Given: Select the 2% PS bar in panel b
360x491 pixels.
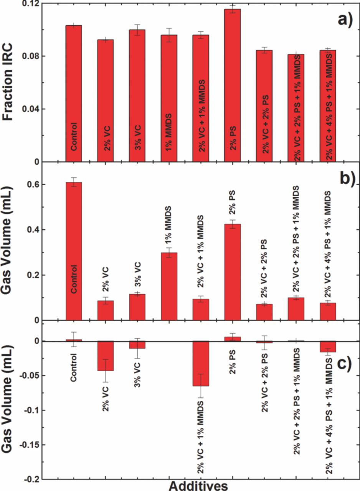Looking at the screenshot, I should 233,272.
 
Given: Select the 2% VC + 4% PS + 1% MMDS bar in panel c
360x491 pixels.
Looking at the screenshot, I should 328,346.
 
